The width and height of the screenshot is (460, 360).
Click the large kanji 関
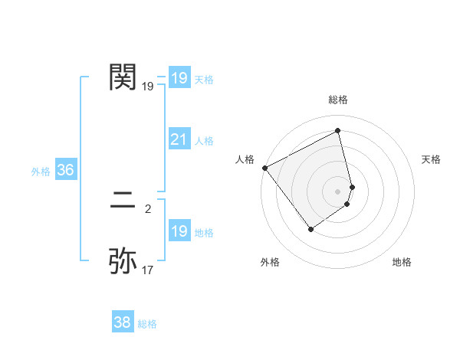123,77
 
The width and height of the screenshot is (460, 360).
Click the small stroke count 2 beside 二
147,208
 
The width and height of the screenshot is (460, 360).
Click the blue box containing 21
179,139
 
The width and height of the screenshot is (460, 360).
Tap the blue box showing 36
65,170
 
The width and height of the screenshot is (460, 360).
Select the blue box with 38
122,322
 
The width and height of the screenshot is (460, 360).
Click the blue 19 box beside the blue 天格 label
179,78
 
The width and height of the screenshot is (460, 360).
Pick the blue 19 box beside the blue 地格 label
179,231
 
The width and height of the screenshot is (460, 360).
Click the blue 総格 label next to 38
147,324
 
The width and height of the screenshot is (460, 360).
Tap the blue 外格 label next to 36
41,172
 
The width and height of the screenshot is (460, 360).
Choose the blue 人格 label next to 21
204,141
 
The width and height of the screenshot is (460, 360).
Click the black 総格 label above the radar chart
338,100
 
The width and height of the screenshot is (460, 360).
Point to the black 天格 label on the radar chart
432,159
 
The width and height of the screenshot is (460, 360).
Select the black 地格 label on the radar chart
402,262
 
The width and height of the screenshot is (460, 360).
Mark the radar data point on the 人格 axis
264,168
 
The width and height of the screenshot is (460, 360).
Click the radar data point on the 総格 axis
338,131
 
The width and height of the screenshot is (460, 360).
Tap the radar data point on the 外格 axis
311,228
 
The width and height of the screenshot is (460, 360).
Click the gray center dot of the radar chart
338,191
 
